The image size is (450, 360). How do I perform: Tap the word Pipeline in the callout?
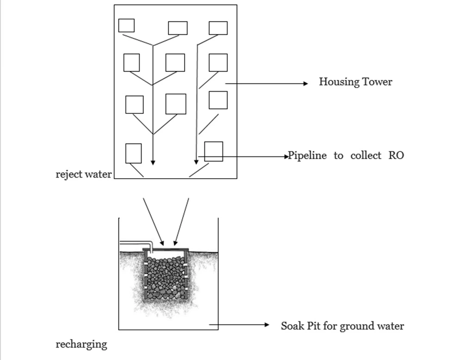[308, 155]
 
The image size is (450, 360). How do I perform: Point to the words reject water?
[83, 174]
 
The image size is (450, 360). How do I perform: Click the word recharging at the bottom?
[81, 344]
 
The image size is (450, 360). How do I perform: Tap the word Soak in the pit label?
[292, 326]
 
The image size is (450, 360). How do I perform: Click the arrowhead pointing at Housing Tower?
[305, 84]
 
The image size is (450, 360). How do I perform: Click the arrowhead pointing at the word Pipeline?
[286, 157]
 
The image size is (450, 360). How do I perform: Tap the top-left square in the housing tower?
[126, 25]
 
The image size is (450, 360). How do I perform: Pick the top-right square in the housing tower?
[218, 28]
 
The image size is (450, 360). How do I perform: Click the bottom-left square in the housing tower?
[133, 153]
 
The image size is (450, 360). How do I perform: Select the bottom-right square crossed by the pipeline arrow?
[214, 151]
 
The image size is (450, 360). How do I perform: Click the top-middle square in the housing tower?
[178, 28]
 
